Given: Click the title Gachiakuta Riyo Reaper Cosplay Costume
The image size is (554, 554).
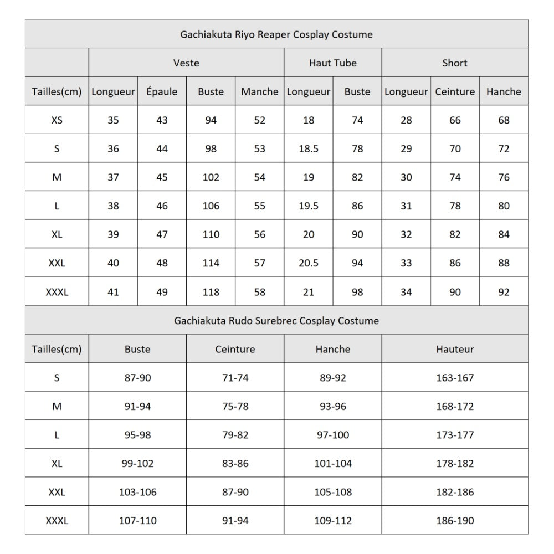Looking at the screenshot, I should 276,34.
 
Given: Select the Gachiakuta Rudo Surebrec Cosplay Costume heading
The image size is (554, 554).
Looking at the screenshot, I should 276,321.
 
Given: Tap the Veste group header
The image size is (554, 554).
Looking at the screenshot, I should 186,63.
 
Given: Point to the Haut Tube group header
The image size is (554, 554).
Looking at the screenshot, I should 332,63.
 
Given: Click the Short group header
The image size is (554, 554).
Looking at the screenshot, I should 455,63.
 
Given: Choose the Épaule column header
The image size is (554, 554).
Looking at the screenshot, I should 162,92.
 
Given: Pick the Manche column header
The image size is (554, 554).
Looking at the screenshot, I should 259,92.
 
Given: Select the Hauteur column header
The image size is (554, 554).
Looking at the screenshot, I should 455,350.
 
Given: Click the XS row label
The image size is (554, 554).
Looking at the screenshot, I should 57,120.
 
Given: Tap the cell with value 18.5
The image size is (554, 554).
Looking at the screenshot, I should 309,149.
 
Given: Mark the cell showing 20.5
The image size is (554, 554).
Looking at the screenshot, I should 309,264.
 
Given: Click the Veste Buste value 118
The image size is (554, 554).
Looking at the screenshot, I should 211,292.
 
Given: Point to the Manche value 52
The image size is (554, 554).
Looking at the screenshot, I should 260,120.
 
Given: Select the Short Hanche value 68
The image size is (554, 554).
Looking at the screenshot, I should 504,120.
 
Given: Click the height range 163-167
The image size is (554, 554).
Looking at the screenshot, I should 455,378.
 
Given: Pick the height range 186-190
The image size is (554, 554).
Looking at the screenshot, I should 455,521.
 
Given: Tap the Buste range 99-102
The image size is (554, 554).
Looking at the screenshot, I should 137,464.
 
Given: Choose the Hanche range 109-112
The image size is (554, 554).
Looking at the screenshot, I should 333,521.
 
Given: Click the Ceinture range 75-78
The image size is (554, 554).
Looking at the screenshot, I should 235,407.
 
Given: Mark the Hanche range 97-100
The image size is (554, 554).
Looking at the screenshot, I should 333,435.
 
